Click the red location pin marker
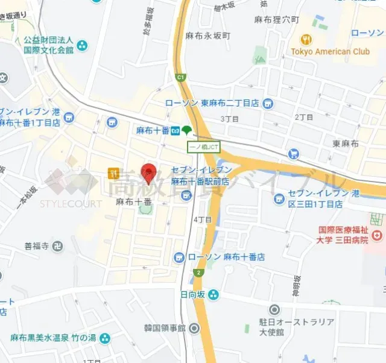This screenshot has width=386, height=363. point(148,172)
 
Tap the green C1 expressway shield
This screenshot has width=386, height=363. point(180,77)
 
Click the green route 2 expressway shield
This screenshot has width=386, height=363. point(197,273)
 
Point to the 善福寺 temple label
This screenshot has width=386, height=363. point(36,245)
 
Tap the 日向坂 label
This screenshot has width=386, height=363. point(192,294)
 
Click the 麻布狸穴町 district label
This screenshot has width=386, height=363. point(276,20)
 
